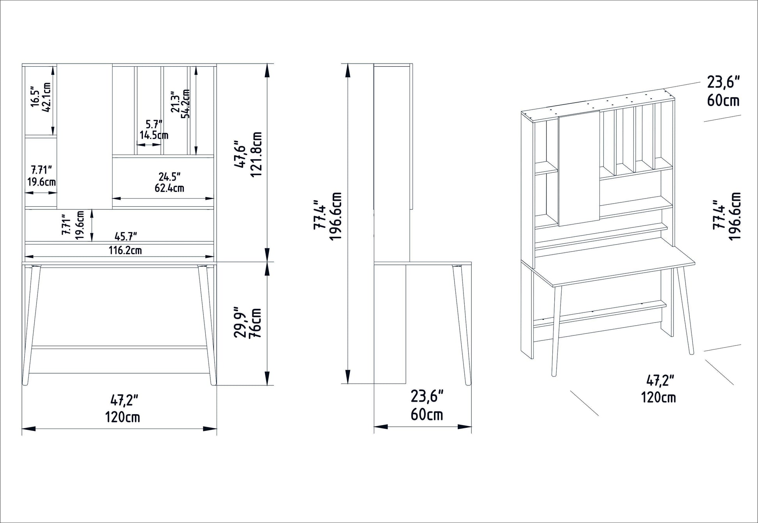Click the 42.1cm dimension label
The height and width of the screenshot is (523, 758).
click(46, 98)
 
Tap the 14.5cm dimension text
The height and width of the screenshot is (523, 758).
click(154, 135)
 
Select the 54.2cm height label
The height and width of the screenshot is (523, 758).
click(186, 103)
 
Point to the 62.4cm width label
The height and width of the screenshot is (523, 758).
click(169, 188)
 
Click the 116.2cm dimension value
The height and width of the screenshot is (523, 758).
click(125, 250)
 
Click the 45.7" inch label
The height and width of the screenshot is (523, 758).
click(125, 236)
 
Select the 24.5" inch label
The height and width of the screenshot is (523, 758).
click(169, 177)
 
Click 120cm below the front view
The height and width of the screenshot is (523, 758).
click(122, 417)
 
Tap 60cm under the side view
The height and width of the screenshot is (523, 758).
click(427, 415)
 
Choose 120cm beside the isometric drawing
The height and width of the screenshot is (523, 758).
click(658, 397)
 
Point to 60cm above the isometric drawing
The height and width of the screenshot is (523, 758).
click(723, 101)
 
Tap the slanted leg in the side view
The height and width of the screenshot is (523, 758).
click(460, 324)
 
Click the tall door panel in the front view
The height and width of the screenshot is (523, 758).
click(85, 137)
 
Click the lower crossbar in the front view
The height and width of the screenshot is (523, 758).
click(119, 347)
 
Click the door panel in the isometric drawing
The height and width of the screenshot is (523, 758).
click(579, 170)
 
